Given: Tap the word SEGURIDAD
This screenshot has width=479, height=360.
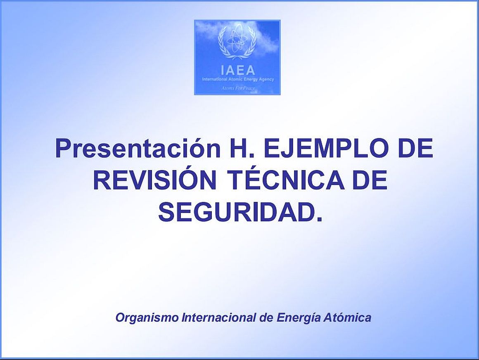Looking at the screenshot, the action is [x=240, y=213].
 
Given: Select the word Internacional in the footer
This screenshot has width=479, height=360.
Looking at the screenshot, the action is [x=218, y=317].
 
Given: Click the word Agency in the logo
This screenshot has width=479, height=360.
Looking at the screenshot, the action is [x=266, y=79].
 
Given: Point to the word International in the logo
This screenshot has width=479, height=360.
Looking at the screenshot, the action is [x=213, y=79].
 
